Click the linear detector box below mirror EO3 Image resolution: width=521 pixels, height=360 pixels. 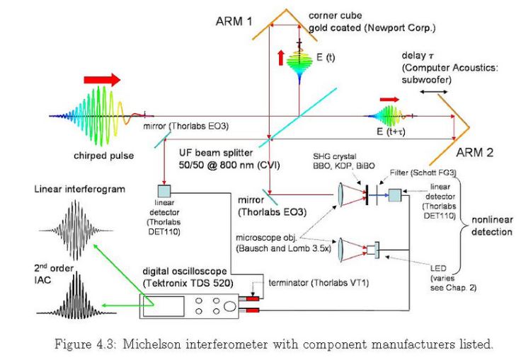pos(164,191)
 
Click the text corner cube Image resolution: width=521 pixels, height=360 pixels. pos(330,16)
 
